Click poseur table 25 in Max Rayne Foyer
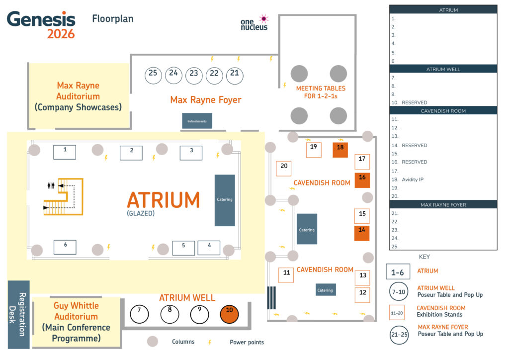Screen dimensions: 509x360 (153, 75)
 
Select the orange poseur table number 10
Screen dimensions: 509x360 (229, 314)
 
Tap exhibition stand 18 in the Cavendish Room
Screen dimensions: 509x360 (340, 150)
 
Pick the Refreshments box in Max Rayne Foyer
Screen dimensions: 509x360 (197, 121)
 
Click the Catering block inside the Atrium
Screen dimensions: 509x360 (225, 200)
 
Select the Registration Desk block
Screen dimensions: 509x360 (18, 314)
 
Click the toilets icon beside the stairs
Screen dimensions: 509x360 (51, 185)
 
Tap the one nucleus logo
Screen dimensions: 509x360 (254, 23)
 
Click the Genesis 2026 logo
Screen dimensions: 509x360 (41, 25)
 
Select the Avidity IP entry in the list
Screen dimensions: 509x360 (413, 180)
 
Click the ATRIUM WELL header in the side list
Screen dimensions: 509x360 (443, 69)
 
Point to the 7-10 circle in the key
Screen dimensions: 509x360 (399, 291)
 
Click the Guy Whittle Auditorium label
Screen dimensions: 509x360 (76, 322)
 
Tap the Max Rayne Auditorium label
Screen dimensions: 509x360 (78, 96)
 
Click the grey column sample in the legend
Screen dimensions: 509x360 (153, 341)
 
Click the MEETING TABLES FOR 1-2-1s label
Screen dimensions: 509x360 (321, 92)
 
